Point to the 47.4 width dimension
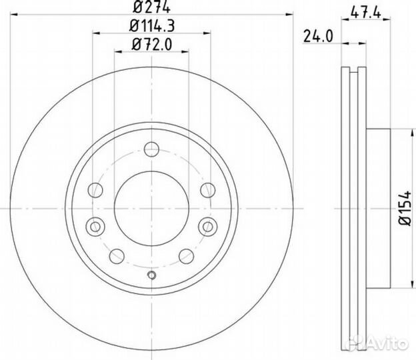tap(361, 11)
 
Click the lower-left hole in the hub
tap(115, 255)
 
